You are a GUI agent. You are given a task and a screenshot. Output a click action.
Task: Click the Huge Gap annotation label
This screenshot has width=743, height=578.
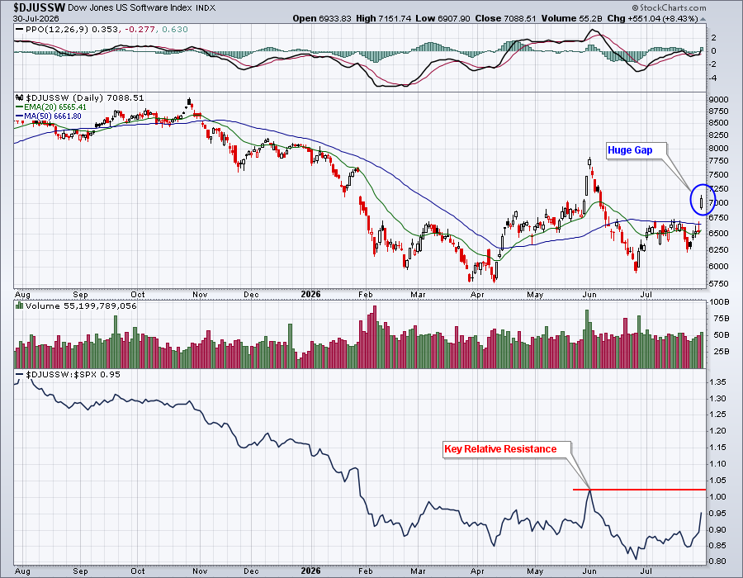point(630,150)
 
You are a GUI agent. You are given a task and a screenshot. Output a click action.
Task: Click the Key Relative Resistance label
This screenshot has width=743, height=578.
point(500,449)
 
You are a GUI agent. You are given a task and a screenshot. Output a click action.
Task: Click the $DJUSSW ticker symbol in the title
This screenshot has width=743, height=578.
point(40,7)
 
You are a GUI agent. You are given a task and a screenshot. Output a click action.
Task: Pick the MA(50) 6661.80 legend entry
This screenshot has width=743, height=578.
point(49,116)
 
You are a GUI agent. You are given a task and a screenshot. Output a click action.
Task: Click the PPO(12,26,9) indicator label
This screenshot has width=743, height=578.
point(51,30)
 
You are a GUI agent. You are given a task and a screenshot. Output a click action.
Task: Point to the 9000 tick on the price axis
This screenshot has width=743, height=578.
point(718,99)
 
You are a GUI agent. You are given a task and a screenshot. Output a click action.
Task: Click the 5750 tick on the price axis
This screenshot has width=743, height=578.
point(718,284)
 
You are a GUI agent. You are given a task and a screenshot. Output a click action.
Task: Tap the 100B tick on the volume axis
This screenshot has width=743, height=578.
point(719,301)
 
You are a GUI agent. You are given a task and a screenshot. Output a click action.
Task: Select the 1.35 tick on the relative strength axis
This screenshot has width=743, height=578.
point(718,382)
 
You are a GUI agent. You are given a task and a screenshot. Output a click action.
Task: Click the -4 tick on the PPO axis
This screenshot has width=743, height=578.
point(713,78)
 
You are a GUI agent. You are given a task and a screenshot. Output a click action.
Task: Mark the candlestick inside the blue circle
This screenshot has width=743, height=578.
point(701,202)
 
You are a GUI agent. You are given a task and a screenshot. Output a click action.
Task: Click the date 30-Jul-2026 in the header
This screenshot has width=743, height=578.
point(36,18)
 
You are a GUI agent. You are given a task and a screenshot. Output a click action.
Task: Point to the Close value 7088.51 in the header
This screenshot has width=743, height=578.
point(505,18)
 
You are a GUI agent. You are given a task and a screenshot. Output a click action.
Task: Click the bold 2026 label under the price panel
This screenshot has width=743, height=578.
point(311,294)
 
